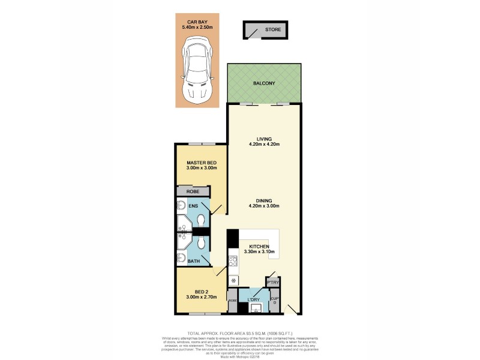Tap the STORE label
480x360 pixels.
click(x=272, y=29)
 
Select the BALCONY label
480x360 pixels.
click(x=263, y=83)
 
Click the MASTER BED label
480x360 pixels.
click(x=201, y=163)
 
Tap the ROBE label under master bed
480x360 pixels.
click(x=193, y=191)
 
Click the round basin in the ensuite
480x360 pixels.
click(x=182, y=206)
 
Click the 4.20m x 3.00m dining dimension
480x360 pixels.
click(x=265, y=207)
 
